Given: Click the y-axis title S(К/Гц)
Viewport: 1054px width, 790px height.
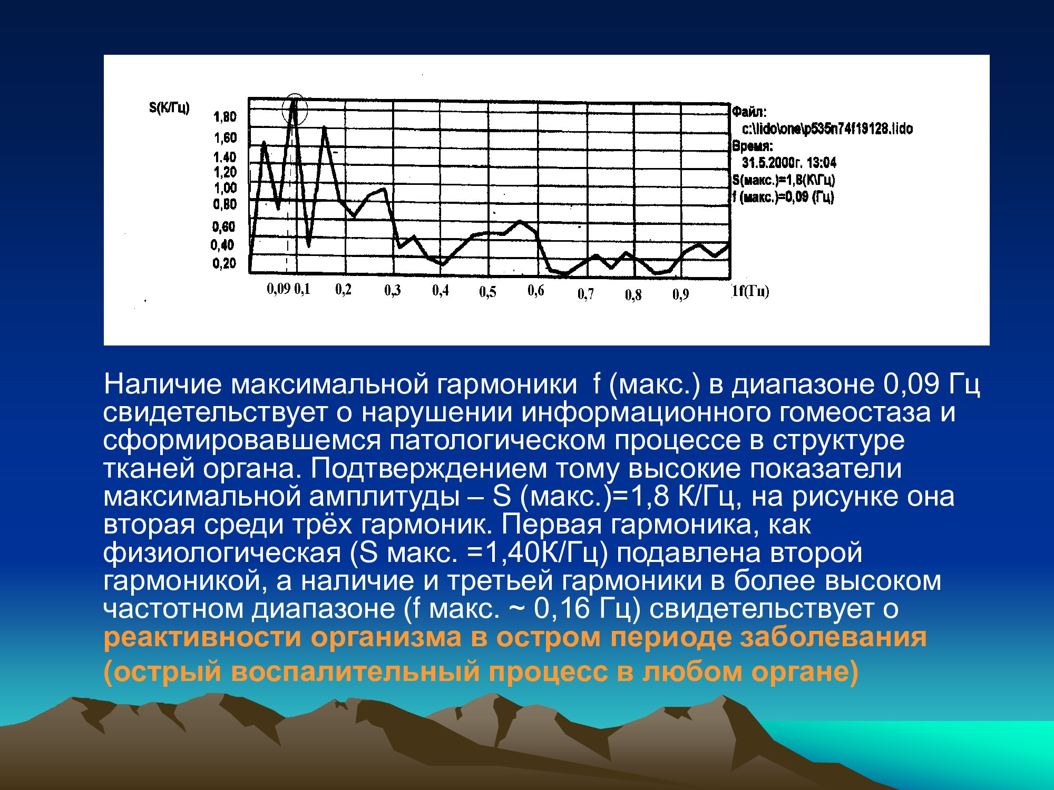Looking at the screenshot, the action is point(169,107).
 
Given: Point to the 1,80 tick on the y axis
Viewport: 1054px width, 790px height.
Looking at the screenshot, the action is point(225,116).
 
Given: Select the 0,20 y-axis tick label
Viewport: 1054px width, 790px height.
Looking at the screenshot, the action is point(224,263).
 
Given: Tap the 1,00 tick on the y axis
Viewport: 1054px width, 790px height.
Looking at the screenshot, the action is point(225,188).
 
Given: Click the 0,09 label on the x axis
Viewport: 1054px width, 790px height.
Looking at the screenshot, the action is point(279,289).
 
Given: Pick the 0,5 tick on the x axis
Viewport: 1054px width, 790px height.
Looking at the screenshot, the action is point(487,291).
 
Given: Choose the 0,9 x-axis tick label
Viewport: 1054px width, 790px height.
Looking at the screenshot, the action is point(680,294).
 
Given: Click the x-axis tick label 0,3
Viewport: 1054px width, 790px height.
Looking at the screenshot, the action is point(393,290).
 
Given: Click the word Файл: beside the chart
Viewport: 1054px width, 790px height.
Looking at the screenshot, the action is point(749,112).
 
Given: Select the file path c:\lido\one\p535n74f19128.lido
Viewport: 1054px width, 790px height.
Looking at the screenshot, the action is point(827,129).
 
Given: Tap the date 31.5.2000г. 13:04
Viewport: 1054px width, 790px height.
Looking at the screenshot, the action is point(789,162).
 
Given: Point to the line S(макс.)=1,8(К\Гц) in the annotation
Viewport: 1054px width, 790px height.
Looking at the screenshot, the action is point(784,180).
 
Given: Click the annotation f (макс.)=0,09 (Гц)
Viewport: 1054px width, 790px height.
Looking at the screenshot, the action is point(783,197).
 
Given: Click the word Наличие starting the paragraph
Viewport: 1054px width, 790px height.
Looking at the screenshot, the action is point(163,384).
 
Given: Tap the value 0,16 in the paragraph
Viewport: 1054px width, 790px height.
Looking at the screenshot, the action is point(561,608).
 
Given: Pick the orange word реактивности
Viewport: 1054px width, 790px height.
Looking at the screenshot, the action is point(202,637).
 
